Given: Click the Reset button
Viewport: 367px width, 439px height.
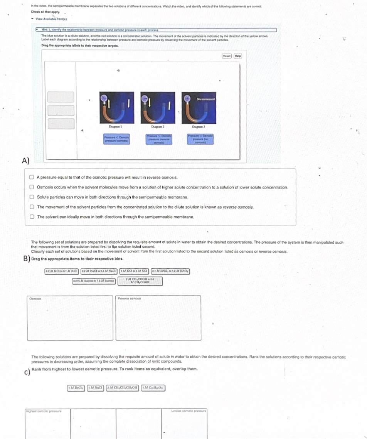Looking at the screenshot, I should pos(226,56).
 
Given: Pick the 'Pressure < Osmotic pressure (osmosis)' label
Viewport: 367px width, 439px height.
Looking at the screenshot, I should pos(116,139).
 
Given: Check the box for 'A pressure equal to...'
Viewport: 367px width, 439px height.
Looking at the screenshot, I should pos(33,177).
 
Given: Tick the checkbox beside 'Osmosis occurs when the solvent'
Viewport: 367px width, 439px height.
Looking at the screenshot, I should pos(33,187).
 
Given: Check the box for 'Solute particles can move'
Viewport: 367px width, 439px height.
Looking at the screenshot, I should pos(33,197).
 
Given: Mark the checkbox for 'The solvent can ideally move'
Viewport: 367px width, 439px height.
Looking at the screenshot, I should pos(33,217).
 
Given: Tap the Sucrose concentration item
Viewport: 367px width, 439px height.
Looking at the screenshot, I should pos(94,281).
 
